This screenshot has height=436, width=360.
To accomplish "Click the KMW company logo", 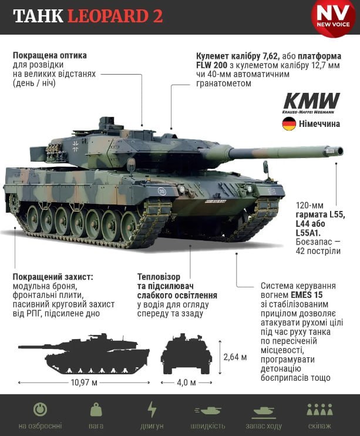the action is click(311, 103).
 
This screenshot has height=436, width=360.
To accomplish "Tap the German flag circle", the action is click(289, 124).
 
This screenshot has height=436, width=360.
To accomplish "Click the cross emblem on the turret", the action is click(75, 146).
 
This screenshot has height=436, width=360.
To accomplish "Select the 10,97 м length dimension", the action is click(84, 383).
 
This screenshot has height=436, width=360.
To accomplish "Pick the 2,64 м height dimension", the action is click(235, 357).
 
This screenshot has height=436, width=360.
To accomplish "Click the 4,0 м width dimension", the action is click(187, 383).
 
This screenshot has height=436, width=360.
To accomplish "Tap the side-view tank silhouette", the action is click(84, 354).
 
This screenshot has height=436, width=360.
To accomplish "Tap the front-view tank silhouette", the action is click(186, 354).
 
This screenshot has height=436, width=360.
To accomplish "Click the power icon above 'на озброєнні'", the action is click(41, 410).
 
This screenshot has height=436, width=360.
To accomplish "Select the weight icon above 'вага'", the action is click(96, 410).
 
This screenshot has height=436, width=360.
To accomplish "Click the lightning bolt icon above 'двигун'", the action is click(152, 410).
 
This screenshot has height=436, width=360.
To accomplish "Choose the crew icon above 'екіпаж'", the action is click(319, 410).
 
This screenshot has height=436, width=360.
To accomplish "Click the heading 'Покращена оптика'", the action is click(50, 55).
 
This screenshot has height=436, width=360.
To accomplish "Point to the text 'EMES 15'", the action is click(307, 295).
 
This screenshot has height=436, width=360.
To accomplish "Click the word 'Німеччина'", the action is click(319, 124).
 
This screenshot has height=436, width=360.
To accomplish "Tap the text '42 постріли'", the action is click(318, 251).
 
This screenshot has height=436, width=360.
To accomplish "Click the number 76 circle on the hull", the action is click(162, 192).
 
